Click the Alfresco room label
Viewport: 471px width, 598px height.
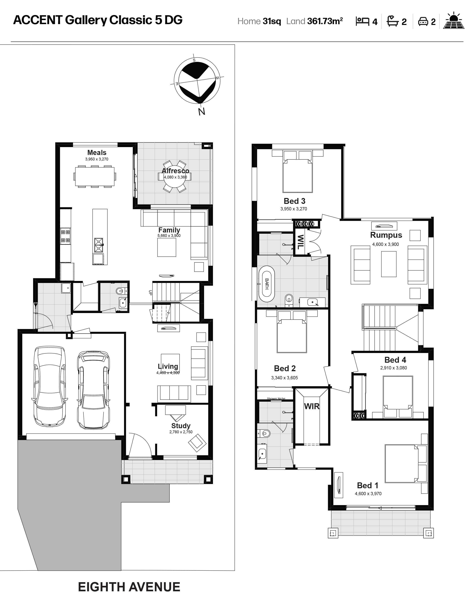pos(175,171)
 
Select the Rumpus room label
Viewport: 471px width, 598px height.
pos(386,235)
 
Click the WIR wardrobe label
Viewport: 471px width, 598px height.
pos(312,406)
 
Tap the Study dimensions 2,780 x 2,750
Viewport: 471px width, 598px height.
pos(181,432)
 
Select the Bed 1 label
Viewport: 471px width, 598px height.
pos(368,485)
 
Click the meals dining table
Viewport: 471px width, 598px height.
pos(95,176)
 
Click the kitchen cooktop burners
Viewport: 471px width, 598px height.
pos(65,236)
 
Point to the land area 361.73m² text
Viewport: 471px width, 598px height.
pos(325,21)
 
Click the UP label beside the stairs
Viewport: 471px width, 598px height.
pos(150,292)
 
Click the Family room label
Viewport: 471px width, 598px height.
pos(169,230)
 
